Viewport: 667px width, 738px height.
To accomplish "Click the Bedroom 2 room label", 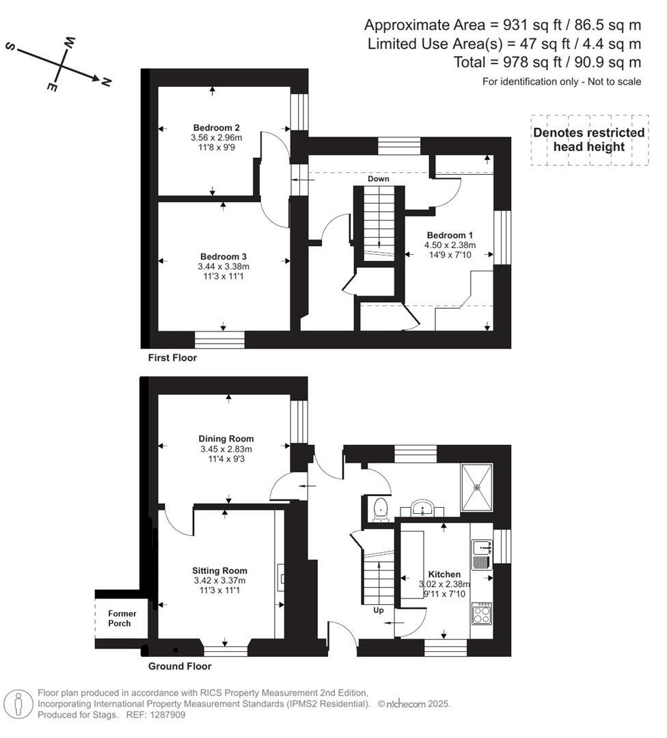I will click(216, 128).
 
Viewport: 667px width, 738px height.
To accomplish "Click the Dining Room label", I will click(226, 439).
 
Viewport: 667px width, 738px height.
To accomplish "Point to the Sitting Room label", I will click(219, 571).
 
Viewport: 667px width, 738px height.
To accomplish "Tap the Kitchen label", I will click(444, 574).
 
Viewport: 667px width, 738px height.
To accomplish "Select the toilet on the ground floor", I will click(381, 509).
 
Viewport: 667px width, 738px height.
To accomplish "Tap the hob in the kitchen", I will click(481, 614).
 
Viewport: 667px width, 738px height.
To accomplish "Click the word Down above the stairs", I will click(378, 179).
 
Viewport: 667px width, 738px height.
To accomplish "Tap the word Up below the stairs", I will click(378, 610).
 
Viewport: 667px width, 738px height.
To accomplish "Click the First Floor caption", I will click(172, 357).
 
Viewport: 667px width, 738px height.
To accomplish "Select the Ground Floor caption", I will click(180, 666).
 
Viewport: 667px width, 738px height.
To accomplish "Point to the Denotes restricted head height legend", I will click(588, 140).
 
